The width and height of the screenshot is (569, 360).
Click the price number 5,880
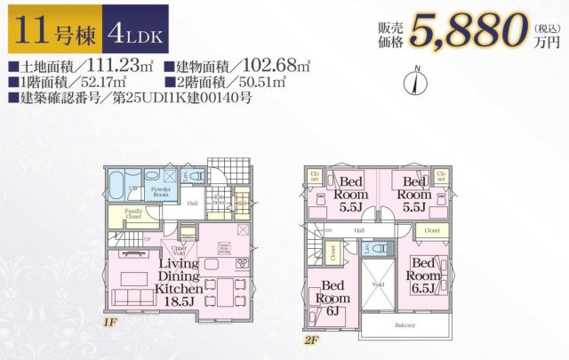click(465, 31)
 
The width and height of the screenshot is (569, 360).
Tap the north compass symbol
click(412, 82)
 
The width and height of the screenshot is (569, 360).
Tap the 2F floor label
click(309, 340)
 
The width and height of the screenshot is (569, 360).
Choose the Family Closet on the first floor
click(132, 213)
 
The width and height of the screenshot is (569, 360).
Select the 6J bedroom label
click(333, 296)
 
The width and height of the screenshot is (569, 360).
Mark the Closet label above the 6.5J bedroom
click(431, 230)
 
